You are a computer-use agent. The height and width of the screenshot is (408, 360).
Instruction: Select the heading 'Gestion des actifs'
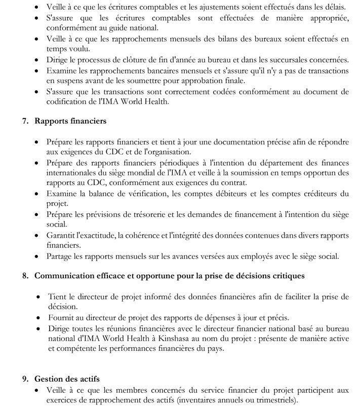click(67, 379)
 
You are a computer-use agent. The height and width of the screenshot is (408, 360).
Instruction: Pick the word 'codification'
click(64, 101)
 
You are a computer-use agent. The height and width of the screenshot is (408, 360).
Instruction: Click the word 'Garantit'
click(61, 235)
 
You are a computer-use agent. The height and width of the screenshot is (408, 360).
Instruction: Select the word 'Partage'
click(59, 256)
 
